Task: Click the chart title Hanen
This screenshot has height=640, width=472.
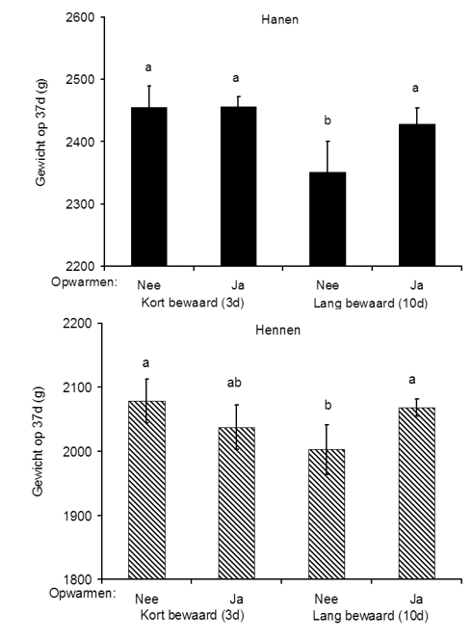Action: (280, 19)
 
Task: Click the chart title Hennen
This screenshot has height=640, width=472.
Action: (277, 330)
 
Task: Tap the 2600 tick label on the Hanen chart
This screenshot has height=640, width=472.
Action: (80, 17)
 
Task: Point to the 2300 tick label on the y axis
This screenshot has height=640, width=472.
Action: (80, 203)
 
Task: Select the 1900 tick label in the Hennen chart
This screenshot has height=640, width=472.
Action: (77, 515)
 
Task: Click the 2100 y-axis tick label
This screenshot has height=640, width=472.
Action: (77, 387)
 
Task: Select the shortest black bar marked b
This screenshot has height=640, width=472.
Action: (328, 219)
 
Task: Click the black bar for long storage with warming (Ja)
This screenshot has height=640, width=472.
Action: (417, 195)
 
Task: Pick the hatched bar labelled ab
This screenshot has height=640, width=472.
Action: (237, 503)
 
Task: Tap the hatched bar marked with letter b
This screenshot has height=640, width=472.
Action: (327, 514)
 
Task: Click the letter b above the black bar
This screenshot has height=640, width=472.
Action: (328, 120)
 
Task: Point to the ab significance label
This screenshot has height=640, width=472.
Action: (234, 383)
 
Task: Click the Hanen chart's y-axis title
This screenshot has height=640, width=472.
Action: (40, 132)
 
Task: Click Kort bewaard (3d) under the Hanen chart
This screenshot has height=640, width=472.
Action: (193, 303)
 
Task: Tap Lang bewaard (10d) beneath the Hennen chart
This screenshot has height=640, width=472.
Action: (371, 615)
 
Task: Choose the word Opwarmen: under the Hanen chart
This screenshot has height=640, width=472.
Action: (84, 282)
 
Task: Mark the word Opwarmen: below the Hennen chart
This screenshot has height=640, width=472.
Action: (83, 593)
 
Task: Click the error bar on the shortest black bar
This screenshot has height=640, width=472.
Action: (328, 157)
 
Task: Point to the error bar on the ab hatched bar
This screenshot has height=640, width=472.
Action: (237, 427)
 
